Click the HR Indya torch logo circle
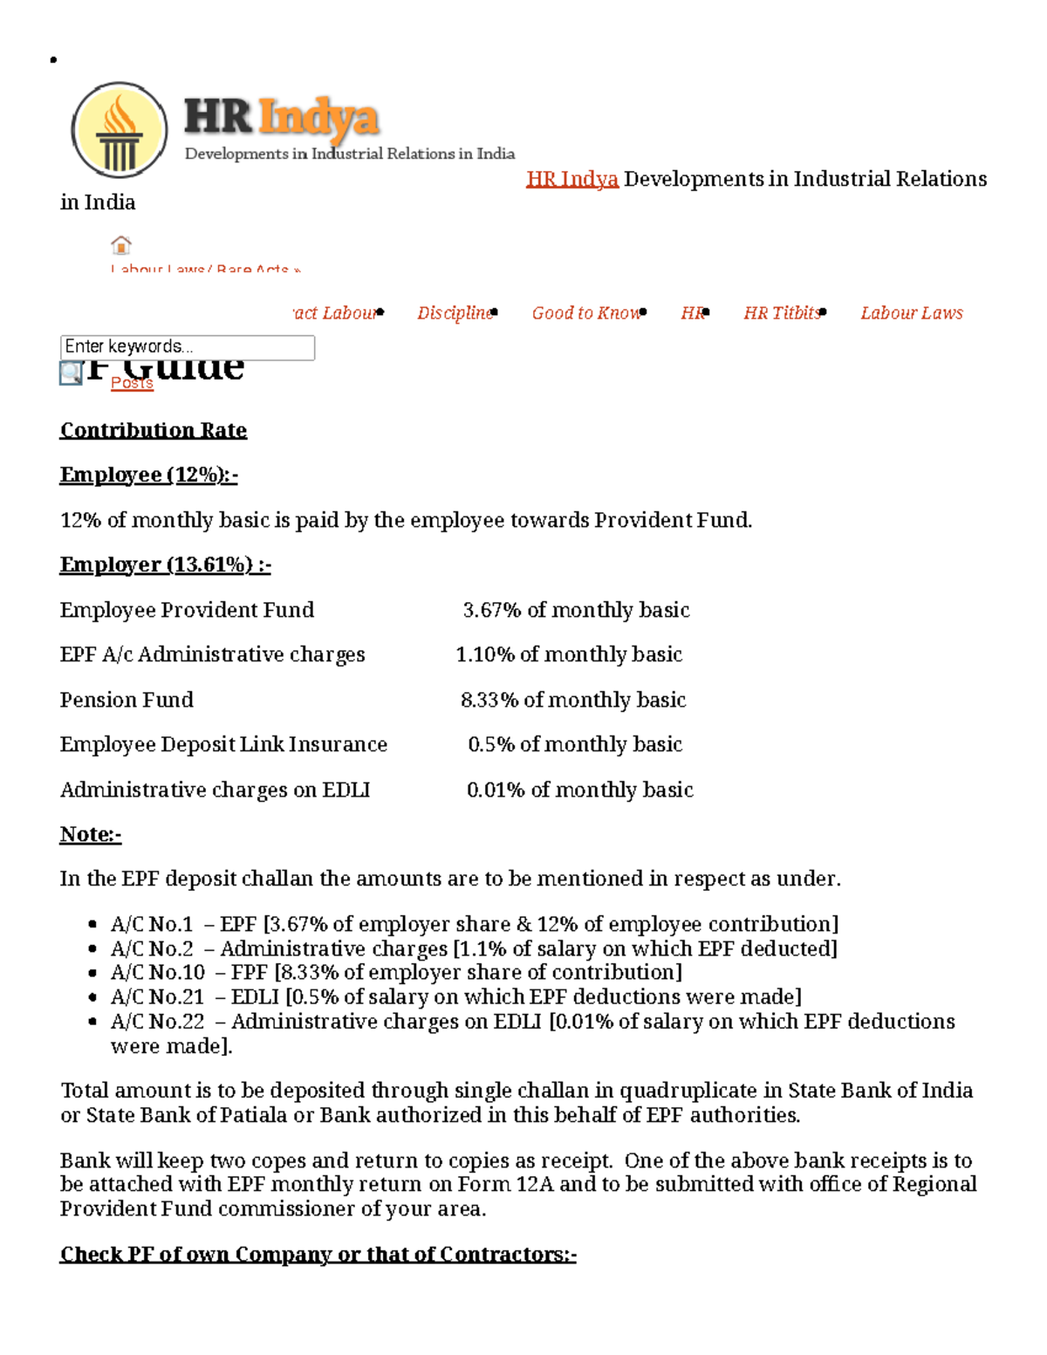tap(120, 131)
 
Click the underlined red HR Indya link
tap(571, 179)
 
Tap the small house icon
tap(121, 244)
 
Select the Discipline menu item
tap(455, 313)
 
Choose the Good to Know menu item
tap(586, 313)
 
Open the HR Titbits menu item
tap(782, 313)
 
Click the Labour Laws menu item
tap(911, 313)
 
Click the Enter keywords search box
tap(187, 347)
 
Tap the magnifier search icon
tap(71, 373)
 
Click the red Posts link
tap(132, 383)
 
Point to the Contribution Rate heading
tap(153, 430)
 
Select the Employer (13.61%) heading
tap(165, 565)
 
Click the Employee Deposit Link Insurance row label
tap(223, 744)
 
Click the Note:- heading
tap(90, 834)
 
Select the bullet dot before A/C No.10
tap(92, 973)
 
